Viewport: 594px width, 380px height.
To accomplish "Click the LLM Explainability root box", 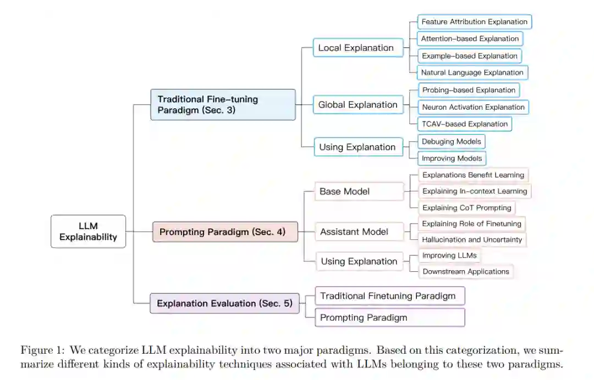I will pos(88,231).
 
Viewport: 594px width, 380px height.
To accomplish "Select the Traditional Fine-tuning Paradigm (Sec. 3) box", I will pos(223,104).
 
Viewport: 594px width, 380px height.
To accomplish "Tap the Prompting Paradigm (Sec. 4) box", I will pos(226,232).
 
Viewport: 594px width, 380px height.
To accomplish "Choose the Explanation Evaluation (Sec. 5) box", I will pos(224,303).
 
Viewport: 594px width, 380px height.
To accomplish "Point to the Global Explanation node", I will pos(358,105).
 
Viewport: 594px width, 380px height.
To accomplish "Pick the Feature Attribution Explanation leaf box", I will pos(475,22).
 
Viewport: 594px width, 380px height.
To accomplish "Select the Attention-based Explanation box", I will pos(470,39).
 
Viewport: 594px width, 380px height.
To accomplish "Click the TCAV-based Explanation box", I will pos(465,124).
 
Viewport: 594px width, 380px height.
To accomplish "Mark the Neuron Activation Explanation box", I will pos(473,107).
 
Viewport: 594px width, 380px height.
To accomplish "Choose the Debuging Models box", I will pos(452,142).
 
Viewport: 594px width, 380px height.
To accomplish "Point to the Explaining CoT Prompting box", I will pos(466,208).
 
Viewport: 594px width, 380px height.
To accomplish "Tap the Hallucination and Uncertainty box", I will pos(472,239).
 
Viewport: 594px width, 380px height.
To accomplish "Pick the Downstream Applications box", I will pos(465,271).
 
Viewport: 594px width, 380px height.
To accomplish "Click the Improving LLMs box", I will pos(449,255).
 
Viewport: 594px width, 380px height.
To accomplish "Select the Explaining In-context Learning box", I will pos(474,191).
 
